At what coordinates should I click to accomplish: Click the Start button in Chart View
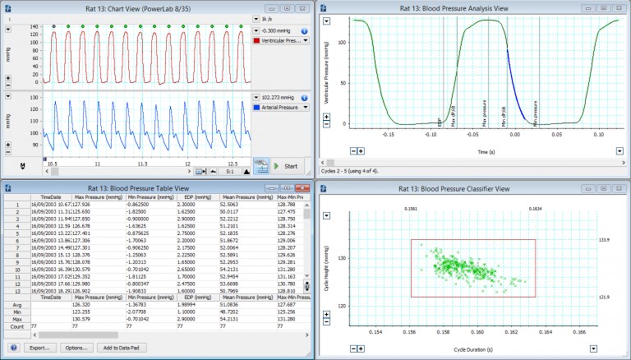(x=287, y=166)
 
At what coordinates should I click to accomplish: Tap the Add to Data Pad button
(x=120, y=348)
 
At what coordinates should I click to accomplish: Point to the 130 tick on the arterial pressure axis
(x=34, y=97)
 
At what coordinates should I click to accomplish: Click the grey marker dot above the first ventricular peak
(x=53, y=26)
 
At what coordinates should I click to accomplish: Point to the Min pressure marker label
(x=536, y=113)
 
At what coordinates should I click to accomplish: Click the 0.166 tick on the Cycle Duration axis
(x=579, y=333)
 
